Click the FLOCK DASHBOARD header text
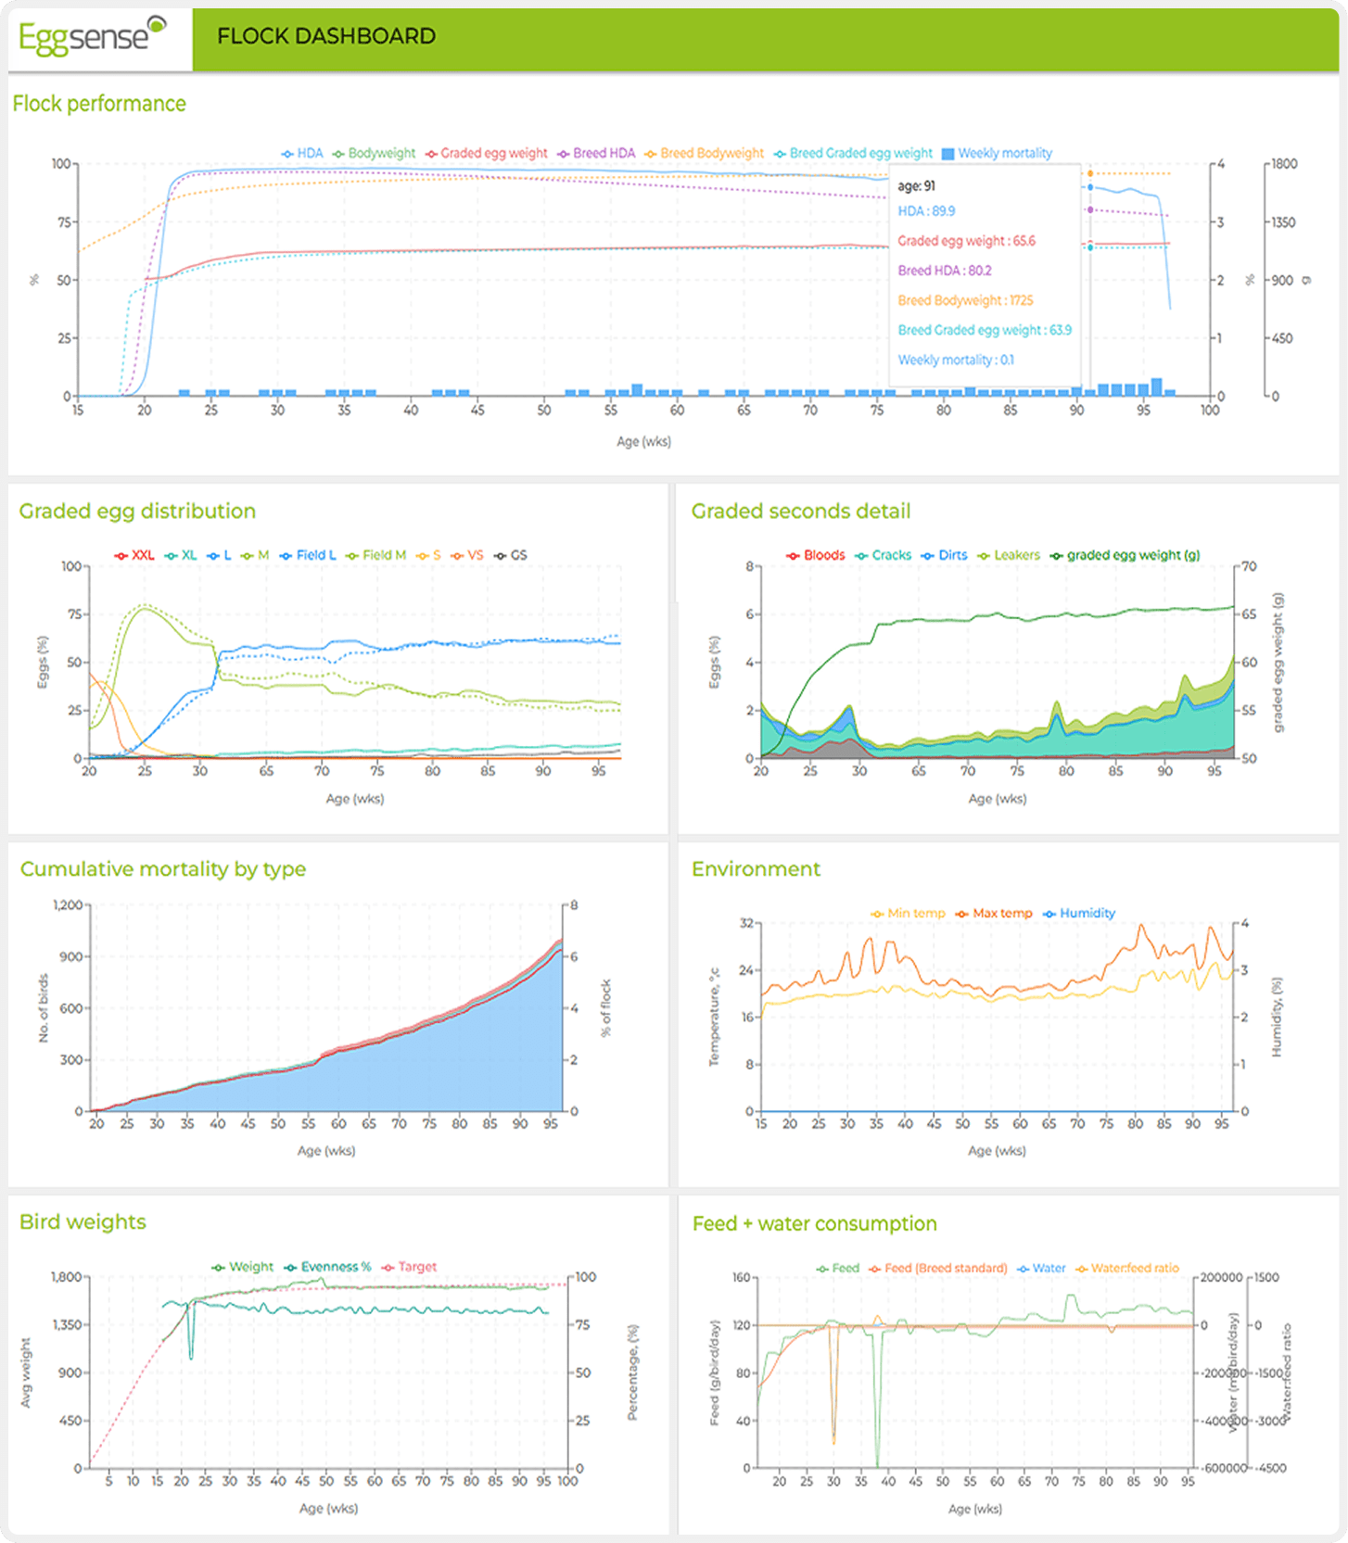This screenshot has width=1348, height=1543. tap(325, 36)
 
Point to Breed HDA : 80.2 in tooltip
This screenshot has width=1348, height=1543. tap(944, 271)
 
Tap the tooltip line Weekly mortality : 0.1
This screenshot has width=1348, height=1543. tap(955, 360)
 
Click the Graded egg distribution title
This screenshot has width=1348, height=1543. tap(137, 512)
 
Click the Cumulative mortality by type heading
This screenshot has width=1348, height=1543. tap(163, 869)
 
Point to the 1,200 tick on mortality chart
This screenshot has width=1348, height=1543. tap(68, 904)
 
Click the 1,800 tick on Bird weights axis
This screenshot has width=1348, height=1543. tap(67, 1277)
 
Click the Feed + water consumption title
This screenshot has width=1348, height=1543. tap(814, 1223)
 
